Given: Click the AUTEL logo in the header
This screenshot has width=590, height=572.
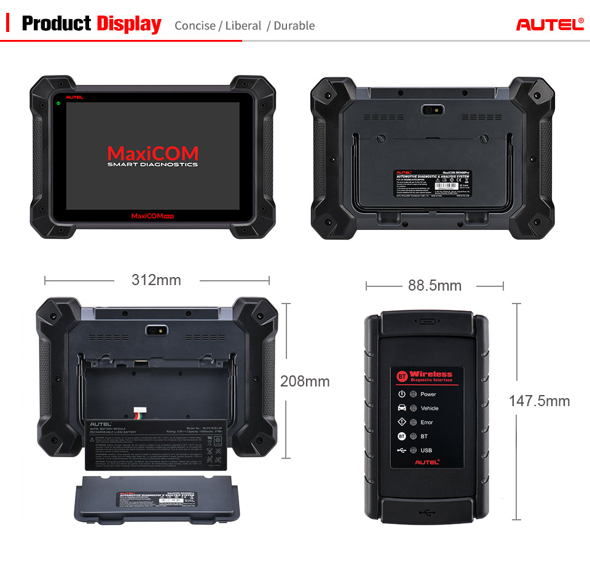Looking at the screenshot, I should tap(549, 25).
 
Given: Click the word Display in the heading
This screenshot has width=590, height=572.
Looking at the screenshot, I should tap(128, 24).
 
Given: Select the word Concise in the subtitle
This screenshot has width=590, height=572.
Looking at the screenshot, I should tap(195, 26).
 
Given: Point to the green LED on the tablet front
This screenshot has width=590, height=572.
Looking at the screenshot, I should tap(58, 103).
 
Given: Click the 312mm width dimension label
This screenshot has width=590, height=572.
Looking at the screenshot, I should tap(156, 280).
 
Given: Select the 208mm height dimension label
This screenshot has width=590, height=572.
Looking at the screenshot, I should tap(305, 381).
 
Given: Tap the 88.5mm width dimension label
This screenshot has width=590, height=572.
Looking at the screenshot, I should tap(435, 285).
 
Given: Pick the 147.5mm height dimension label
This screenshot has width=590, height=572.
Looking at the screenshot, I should tap(539, 401).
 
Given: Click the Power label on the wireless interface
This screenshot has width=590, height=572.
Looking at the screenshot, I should tap(428, 394).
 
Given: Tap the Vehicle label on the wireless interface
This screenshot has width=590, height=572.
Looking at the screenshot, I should tap(430, 409).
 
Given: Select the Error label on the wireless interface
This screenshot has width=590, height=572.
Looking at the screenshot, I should tap(427, 423).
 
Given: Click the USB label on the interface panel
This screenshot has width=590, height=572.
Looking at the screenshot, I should tap(426, 451).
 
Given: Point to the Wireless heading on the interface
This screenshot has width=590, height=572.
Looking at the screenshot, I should tap(431, 374).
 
